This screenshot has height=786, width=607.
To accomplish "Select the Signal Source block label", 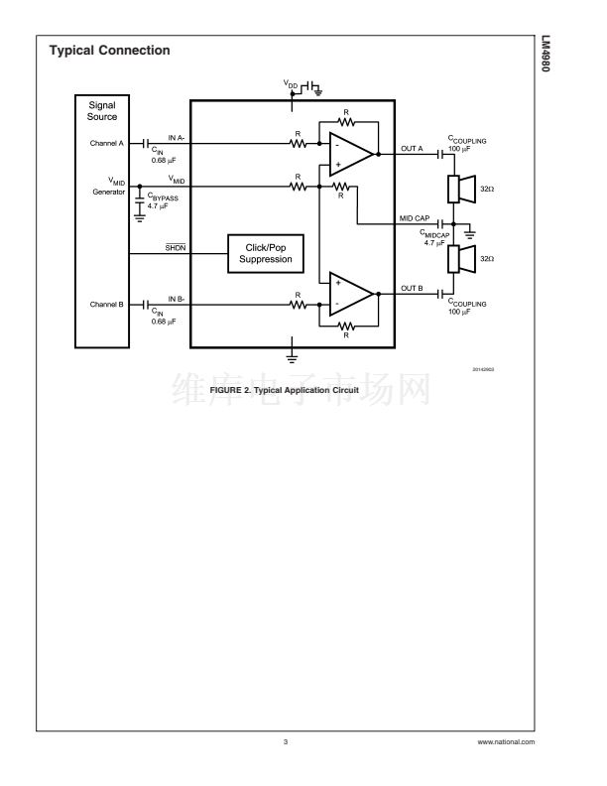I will tap(102, 110).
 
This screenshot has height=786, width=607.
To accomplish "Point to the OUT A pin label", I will tap(412, 149).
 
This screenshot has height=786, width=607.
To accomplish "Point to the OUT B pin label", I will tap(412, 289).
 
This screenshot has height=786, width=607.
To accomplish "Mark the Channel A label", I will tap(106, 143).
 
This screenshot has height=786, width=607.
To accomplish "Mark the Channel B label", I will tap(106, 304).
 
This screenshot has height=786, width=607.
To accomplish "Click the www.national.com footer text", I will tap(506, 742).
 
